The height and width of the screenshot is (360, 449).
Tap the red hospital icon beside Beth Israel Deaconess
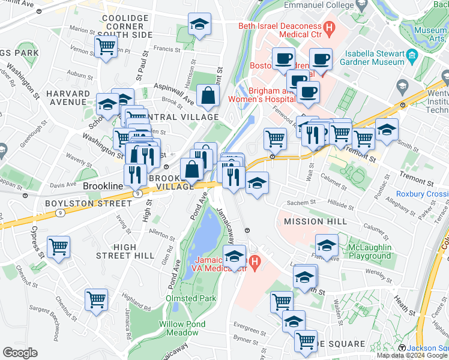pos(329,27)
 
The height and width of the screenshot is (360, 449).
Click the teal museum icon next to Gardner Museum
pos(412,57)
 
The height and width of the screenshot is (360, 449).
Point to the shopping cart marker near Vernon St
pos(106,46)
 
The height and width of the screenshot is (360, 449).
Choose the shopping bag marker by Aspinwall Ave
pos(207,95)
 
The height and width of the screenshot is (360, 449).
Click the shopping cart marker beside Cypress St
pos(58,247)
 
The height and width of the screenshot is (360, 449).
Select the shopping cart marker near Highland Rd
pos(96,299)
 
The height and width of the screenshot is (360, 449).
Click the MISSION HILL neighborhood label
pos(307,221)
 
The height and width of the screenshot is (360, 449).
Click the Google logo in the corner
pos(20,353)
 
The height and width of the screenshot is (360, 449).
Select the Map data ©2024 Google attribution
pos(412,355)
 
